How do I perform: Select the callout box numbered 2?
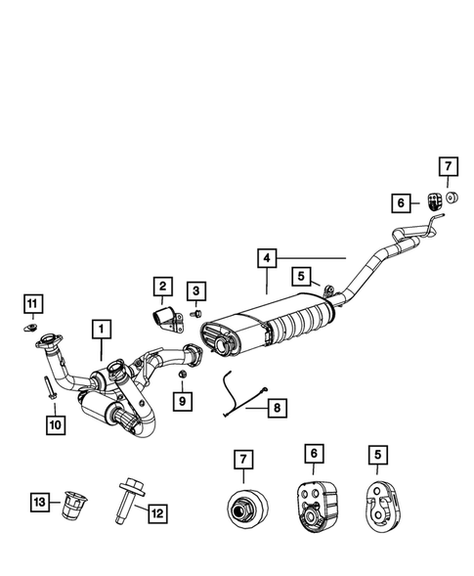(x=162, y=287)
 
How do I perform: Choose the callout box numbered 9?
(x=183, y=399)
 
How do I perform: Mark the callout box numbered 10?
(x=54, y=423)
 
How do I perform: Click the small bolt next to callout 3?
(x=196, y=314)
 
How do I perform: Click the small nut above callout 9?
(x=183, y=374)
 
